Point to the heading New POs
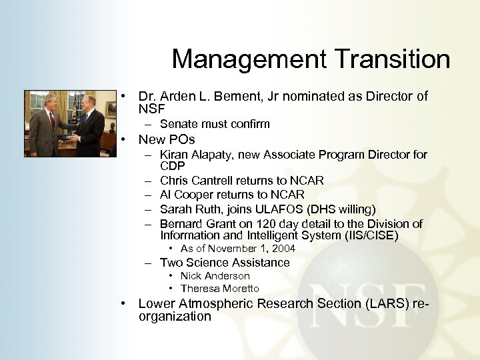click(166, 140)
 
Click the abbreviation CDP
click(172, 165)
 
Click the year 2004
click(283, 249)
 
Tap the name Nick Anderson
click(215, 276)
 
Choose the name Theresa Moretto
click(219, 289)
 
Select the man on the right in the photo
click(89, 127)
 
